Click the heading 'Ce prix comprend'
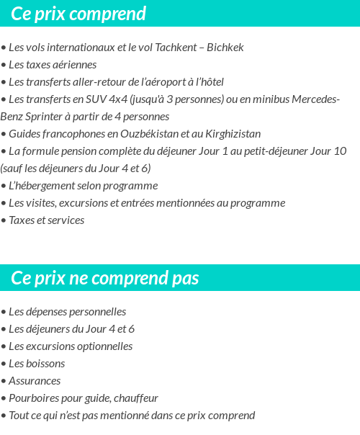pyautogui.click(x=78, y=14)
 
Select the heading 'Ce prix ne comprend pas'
pyautogui.click(x=105, y=278)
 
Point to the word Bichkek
pyautogui.click(x=225, y=48)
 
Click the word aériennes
pyautogui.click(x=73, y=65)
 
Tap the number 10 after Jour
pyautogui.click(x=340, y=151)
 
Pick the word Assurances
pyautogui.click(x=35, y=381)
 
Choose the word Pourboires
pyautogui.click(x=34, y=398)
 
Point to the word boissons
pyautogui.click(x=45, y=364)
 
